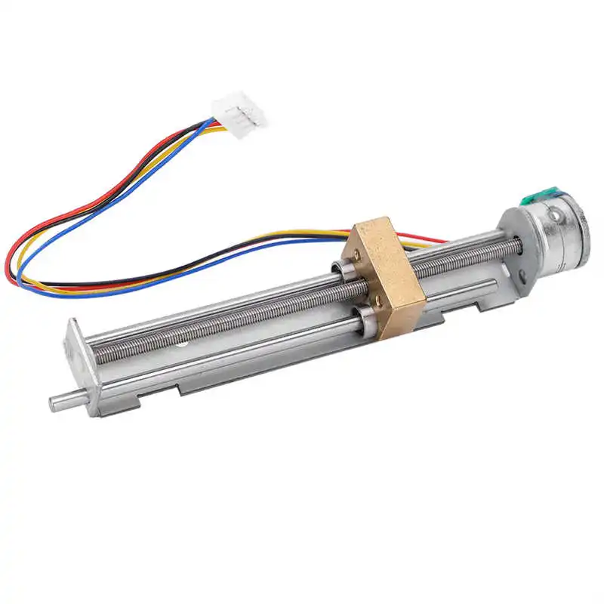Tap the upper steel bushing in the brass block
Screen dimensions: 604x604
[x=339, y=265]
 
